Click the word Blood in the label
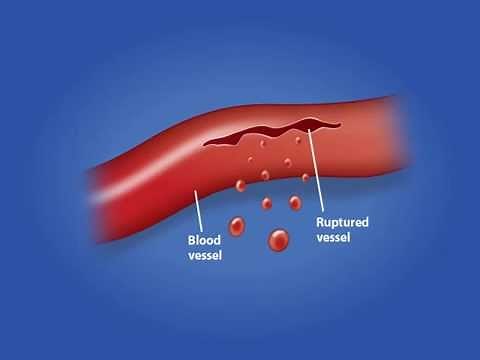205,240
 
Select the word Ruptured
340,222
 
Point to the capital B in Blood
192,240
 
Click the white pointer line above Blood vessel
203,213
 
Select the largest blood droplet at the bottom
278,239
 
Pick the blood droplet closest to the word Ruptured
295,203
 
